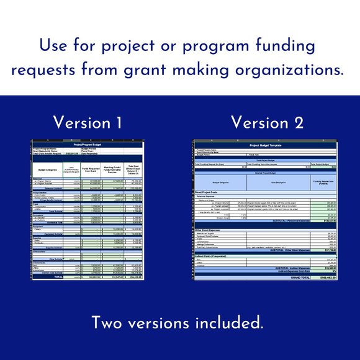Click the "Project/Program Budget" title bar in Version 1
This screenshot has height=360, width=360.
87,145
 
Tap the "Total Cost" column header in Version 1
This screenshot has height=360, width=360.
133,167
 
